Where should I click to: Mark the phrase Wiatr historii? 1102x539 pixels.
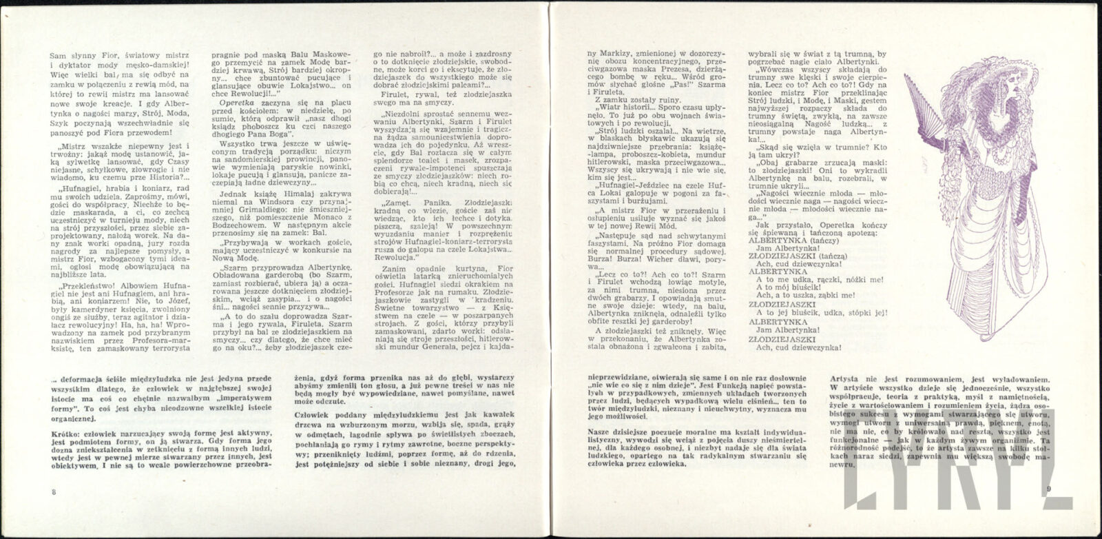623,107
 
